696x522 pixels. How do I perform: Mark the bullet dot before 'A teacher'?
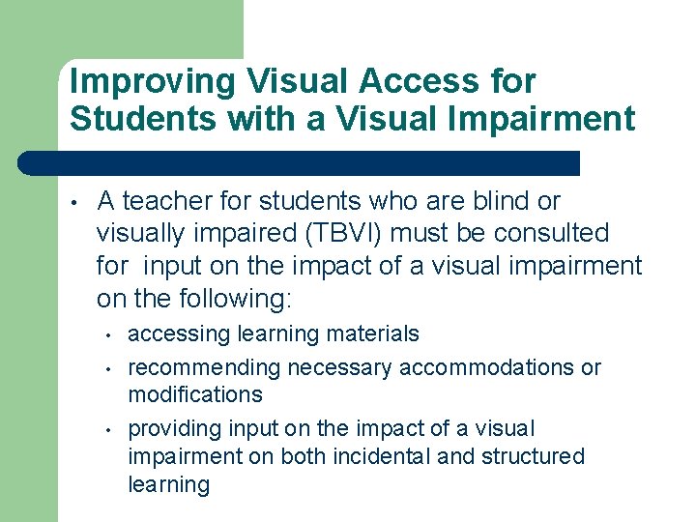coord(73,203)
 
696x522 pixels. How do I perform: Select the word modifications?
coord(195,394)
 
